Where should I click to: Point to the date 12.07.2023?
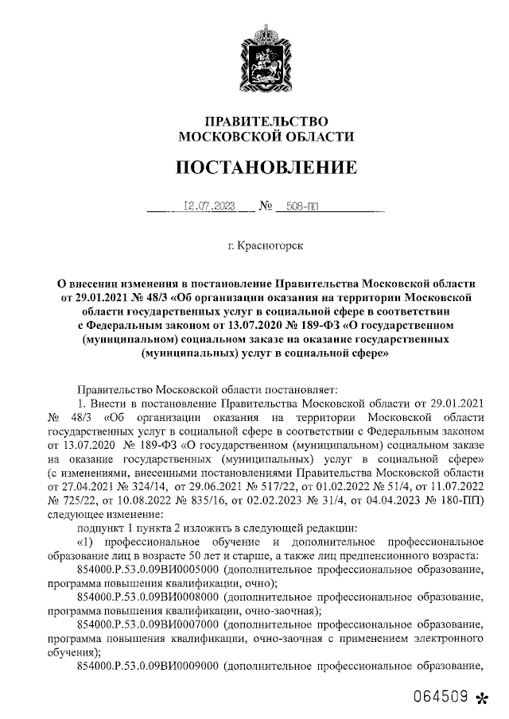point(209,206)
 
